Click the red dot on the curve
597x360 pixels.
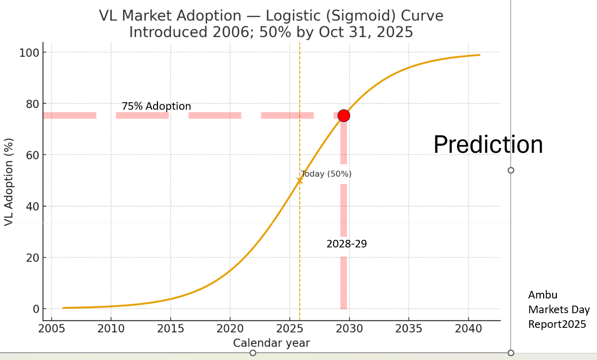[x=344, y=115]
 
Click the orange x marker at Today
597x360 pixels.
[x=299, y=180]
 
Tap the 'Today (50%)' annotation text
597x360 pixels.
[x=326, y=174]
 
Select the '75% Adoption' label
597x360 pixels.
[x=156, y=106]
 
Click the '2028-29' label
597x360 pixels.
[x=346, y=244]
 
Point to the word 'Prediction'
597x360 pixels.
[x=488, y=144]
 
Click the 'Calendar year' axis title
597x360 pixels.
[x=271, y=343]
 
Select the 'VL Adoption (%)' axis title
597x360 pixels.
[x=9, y=182]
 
